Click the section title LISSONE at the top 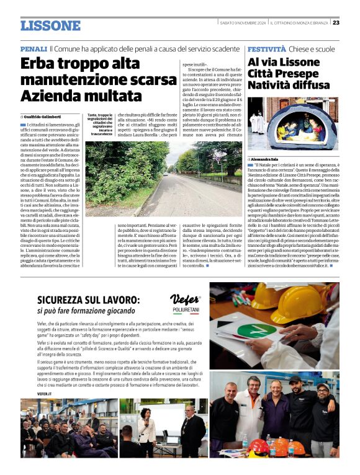50,25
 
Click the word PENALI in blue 34,48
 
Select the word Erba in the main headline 38,63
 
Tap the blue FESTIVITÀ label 266,48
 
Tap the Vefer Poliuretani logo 185,302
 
